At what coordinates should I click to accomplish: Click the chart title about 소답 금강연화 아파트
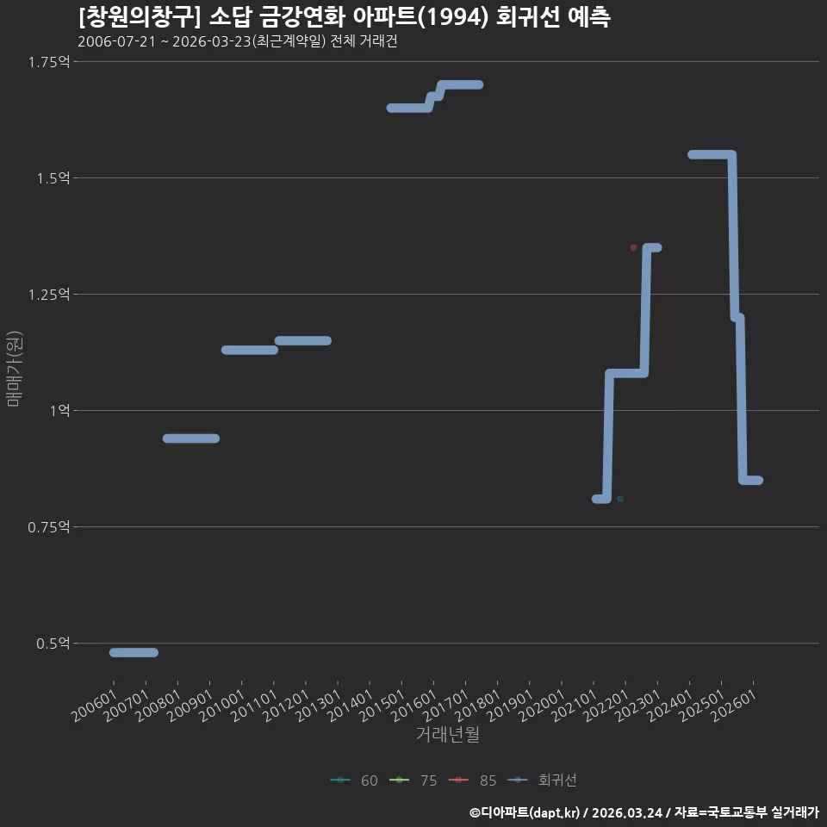tap(345, 17)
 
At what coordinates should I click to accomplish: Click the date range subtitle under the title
tap(238, 41)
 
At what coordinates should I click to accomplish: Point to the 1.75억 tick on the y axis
tap(49, 62)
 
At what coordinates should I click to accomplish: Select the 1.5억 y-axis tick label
tap(53, 178)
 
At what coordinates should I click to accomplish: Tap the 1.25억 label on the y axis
tap(49, 295)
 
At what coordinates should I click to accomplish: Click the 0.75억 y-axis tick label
tap(49, 527)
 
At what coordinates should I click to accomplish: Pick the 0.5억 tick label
tap(53, 644)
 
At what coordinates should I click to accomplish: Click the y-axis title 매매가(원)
tap(14, 370)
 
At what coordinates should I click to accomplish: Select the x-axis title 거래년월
tap(448, 734)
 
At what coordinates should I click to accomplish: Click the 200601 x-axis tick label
tap(95, 706)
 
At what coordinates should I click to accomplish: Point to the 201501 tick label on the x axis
tap(382, 706)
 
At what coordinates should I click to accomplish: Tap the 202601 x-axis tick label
tap(734, 706)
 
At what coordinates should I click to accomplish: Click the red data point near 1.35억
tap(633, 248)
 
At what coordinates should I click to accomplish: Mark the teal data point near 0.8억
tap(620, 499)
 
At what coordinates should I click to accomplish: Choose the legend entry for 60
tap(354, 780)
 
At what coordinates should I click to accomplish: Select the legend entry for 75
tap(413, 780)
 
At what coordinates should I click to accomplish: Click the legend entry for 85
tap(473, 780)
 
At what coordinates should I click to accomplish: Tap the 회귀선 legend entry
tap(542, 780)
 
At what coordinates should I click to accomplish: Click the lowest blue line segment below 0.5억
tap(134, 652)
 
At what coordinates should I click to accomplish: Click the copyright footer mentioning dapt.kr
tap(644, 812)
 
